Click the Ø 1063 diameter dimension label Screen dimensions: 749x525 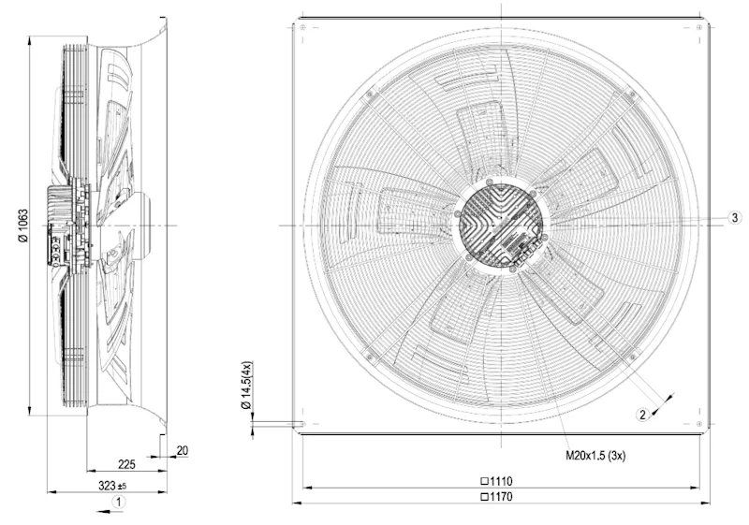[x=23, y=226]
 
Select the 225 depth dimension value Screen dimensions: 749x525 [x=126, y=464]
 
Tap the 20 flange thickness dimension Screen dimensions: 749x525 [x=183, y=450]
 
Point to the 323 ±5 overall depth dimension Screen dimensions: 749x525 [x=112, y=486]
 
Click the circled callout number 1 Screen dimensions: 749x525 [x=119, y=502]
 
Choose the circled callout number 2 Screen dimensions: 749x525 [x=642, y=415]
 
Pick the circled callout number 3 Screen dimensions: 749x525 [x=735, y=218]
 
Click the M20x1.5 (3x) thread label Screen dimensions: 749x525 [x=595, y=456]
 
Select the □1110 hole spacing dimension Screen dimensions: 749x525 [x=496, y=481]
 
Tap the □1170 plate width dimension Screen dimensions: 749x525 [x=496, y=497]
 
